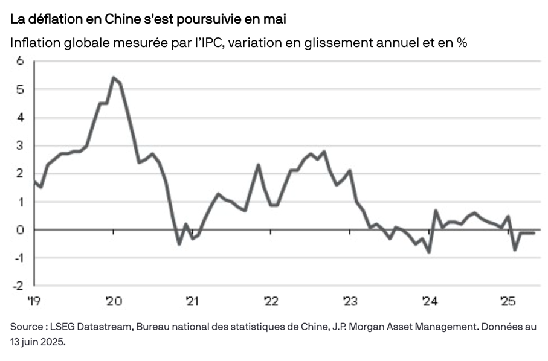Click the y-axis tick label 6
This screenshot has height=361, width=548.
tap(20, 61)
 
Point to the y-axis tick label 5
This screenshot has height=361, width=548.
tap(20, 89)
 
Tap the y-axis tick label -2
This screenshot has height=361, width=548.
tap(18, 286)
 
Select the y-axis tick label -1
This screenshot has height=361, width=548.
tap(18, 258)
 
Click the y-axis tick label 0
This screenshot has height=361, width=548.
tap(20, 229)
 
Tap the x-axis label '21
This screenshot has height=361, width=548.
tap(192, 300)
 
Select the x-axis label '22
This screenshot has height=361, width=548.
tap(271, 300)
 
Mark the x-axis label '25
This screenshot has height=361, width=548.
tap(509, 300)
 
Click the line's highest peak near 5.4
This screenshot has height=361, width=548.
tap(114, 77)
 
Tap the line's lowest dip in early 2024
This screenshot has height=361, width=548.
tap(429, 252)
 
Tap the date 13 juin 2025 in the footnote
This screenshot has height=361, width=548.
tap(36, 342)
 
